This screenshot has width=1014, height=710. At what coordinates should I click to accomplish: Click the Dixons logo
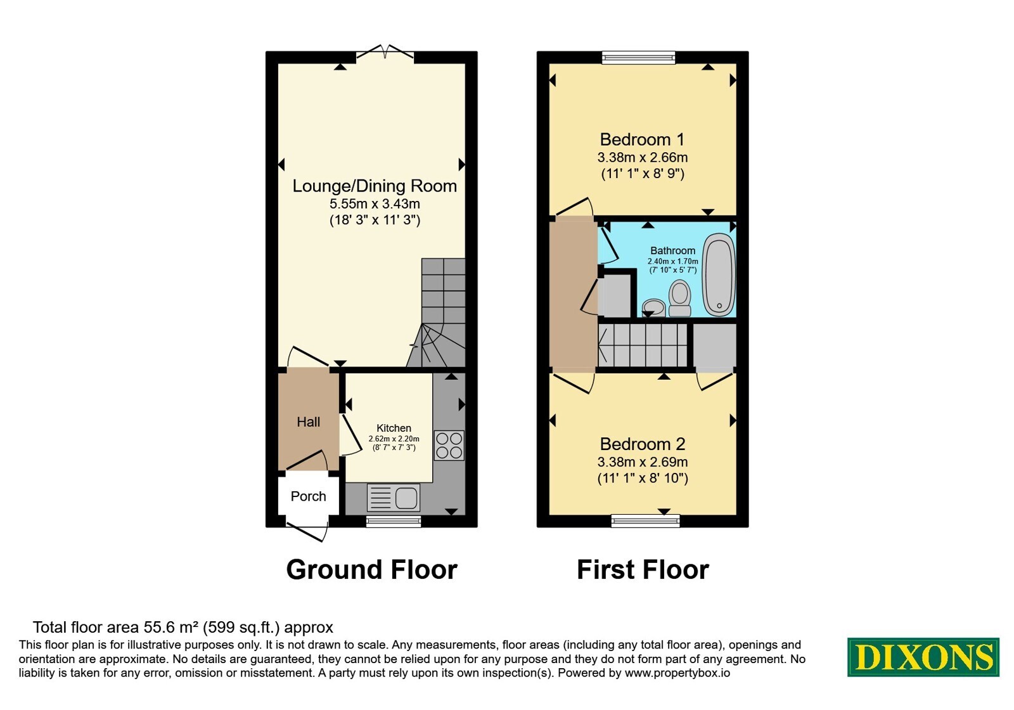pos(923,657)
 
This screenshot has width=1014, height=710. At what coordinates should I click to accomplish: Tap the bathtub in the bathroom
pos(719,275)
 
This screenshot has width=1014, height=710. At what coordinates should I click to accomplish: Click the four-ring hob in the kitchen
pos(449,445)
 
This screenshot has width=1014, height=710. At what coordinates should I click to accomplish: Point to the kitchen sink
pos(394,498)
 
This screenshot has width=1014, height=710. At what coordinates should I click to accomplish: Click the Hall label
pos(308,422)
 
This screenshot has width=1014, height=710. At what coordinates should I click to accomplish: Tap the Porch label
pos(308,496)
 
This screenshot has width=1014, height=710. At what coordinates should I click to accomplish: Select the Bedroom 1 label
pos(643,139)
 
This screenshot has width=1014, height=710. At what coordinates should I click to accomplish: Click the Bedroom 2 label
pos(643,444)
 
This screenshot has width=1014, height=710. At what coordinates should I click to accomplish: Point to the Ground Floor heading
pos(371,569)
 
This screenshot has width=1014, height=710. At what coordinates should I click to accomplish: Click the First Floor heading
pos(643,569)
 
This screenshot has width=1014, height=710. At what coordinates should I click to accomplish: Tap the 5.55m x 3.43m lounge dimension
pos(375,203)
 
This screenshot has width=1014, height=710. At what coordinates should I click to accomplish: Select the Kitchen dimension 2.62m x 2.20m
pos(394,439)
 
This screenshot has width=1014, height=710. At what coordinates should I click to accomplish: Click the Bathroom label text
pos(672,250)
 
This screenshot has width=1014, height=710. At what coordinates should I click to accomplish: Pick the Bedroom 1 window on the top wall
pos(638,57)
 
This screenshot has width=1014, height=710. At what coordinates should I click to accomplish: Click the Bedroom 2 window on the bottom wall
pos(646,520)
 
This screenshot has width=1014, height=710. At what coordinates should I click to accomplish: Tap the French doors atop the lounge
pos(385,52)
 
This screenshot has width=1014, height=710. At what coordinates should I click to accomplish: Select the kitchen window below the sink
pos(394,522)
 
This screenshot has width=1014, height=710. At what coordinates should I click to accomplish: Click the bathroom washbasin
pos(653,307)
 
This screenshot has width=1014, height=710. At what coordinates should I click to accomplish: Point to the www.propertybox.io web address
pos(677,673)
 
